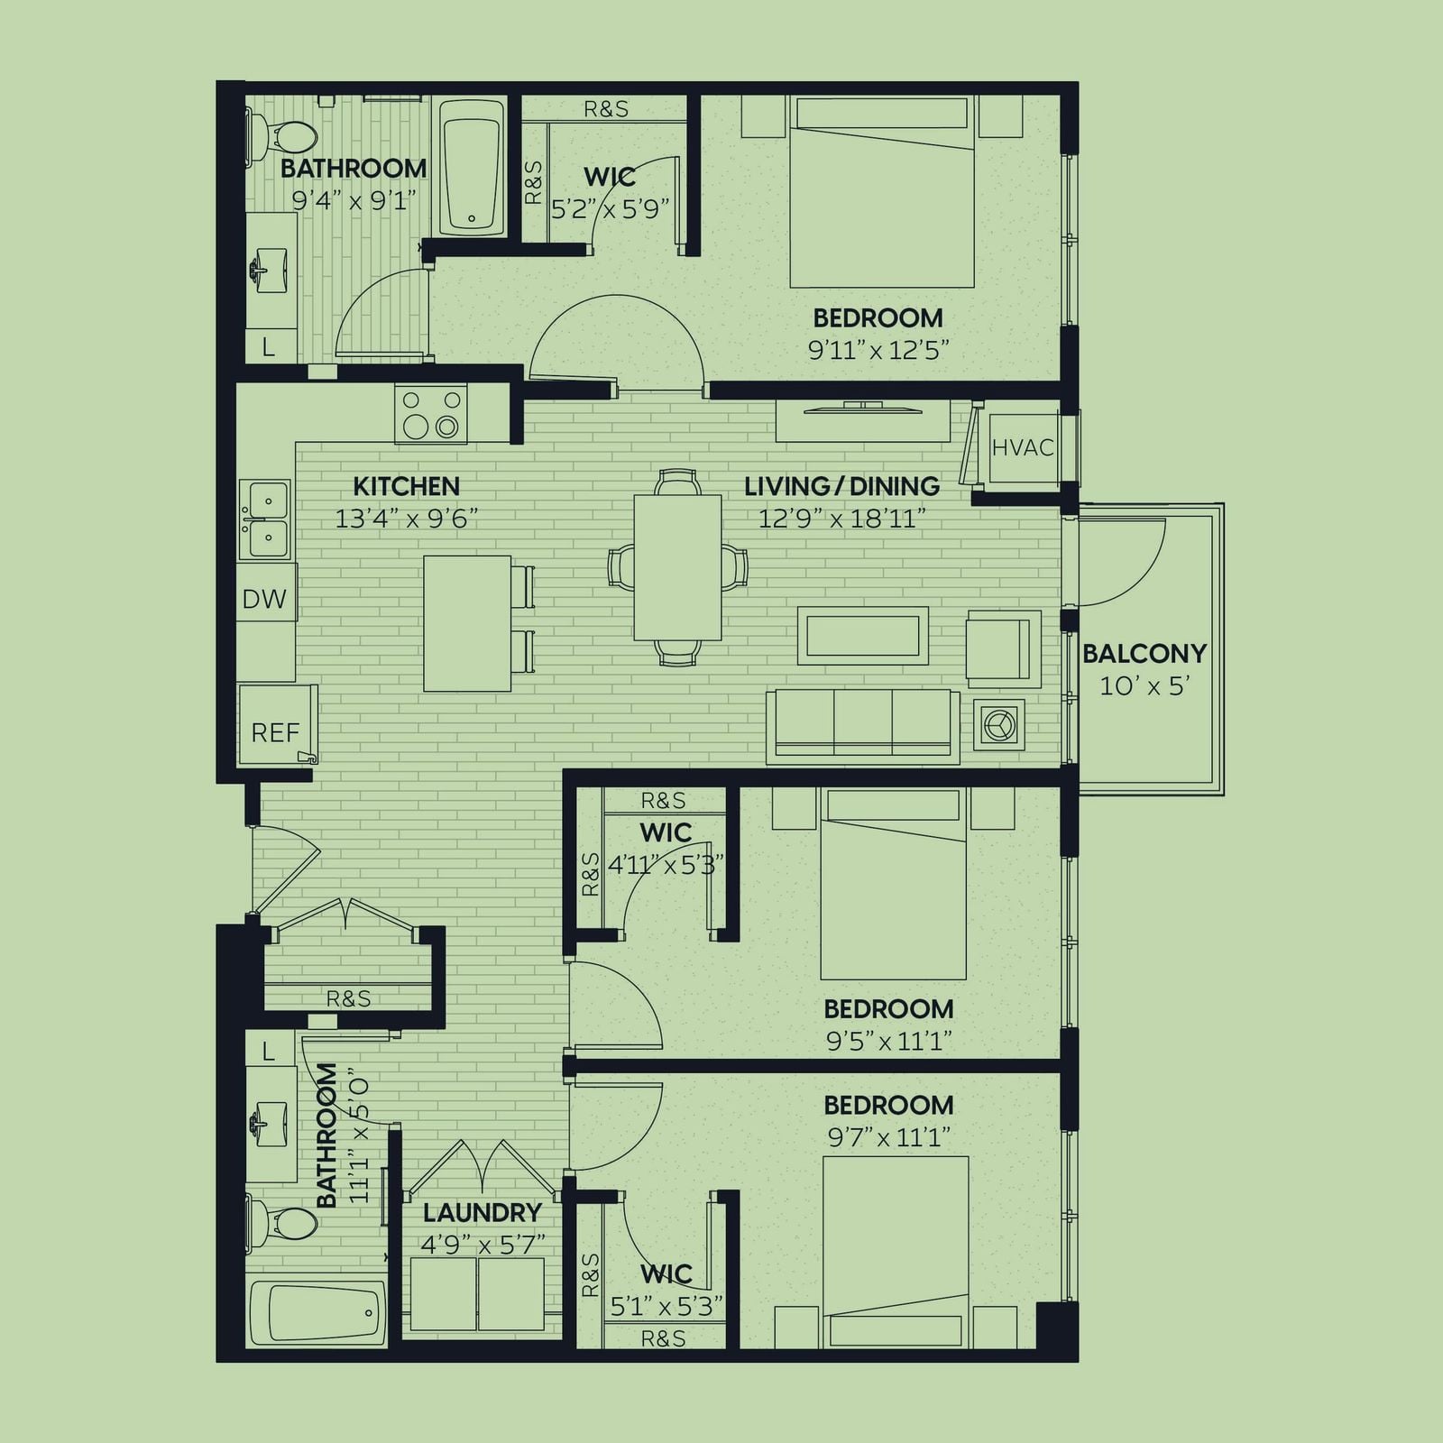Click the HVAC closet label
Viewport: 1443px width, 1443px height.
[x=1023, y=447]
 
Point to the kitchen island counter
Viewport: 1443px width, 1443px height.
[x=467, y=623]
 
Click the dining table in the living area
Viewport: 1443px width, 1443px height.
[x=677, y=567]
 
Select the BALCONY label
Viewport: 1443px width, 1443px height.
[x=1144, y=653]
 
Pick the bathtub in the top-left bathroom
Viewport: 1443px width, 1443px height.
[x=473, y=168]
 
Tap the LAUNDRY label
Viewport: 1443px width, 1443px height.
[x=483, y=1212]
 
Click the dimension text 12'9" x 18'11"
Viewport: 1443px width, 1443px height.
[x=842, y=519]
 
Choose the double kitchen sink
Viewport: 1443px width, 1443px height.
[x=265, y=519]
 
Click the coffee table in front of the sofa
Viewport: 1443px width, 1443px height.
[x=863, y=635]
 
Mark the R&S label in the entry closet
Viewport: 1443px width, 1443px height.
[x=348, y=998]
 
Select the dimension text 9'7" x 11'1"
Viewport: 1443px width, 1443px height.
[x=888, y=1137]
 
